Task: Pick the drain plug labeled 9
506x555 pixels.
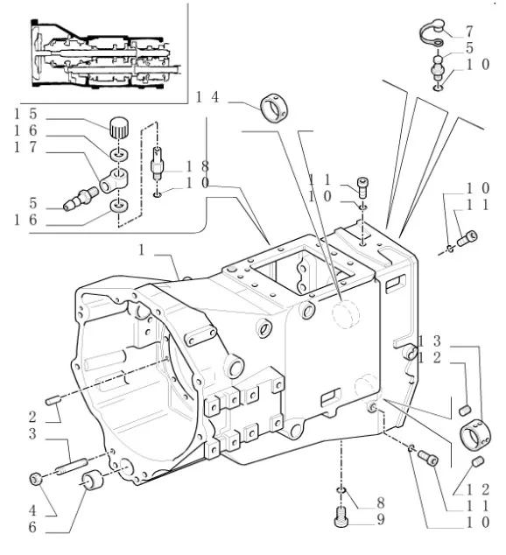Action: (x=343, y=519)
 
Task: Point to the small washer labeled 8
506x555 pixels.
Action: (x=341, y=490)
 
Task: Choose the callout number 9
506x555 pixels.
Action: (x=382, y=519)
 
